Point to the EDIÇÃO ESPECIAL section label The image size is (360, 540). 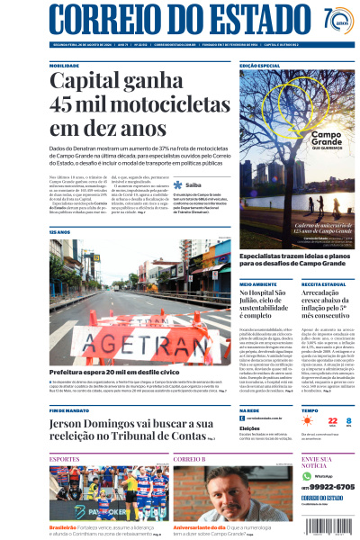pyautogui.click(x=259, y=66)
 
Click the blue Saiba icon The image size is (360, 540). pyautogui.click(x=178, y=209)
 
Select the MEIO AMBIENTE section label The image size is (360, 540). pyautogui.click(x=258, y=283)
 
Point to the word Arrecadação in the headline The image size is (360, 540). pyautogui.click(x=321, y=294)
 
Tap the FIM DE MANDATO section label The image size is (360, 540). pyautogui.click(x=69, y=409)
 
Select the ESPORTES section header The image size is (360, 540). pyautogui.click(x=65, y=459)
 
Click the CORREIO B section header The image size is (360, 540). pyautogui.click(x=190, y=459)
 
